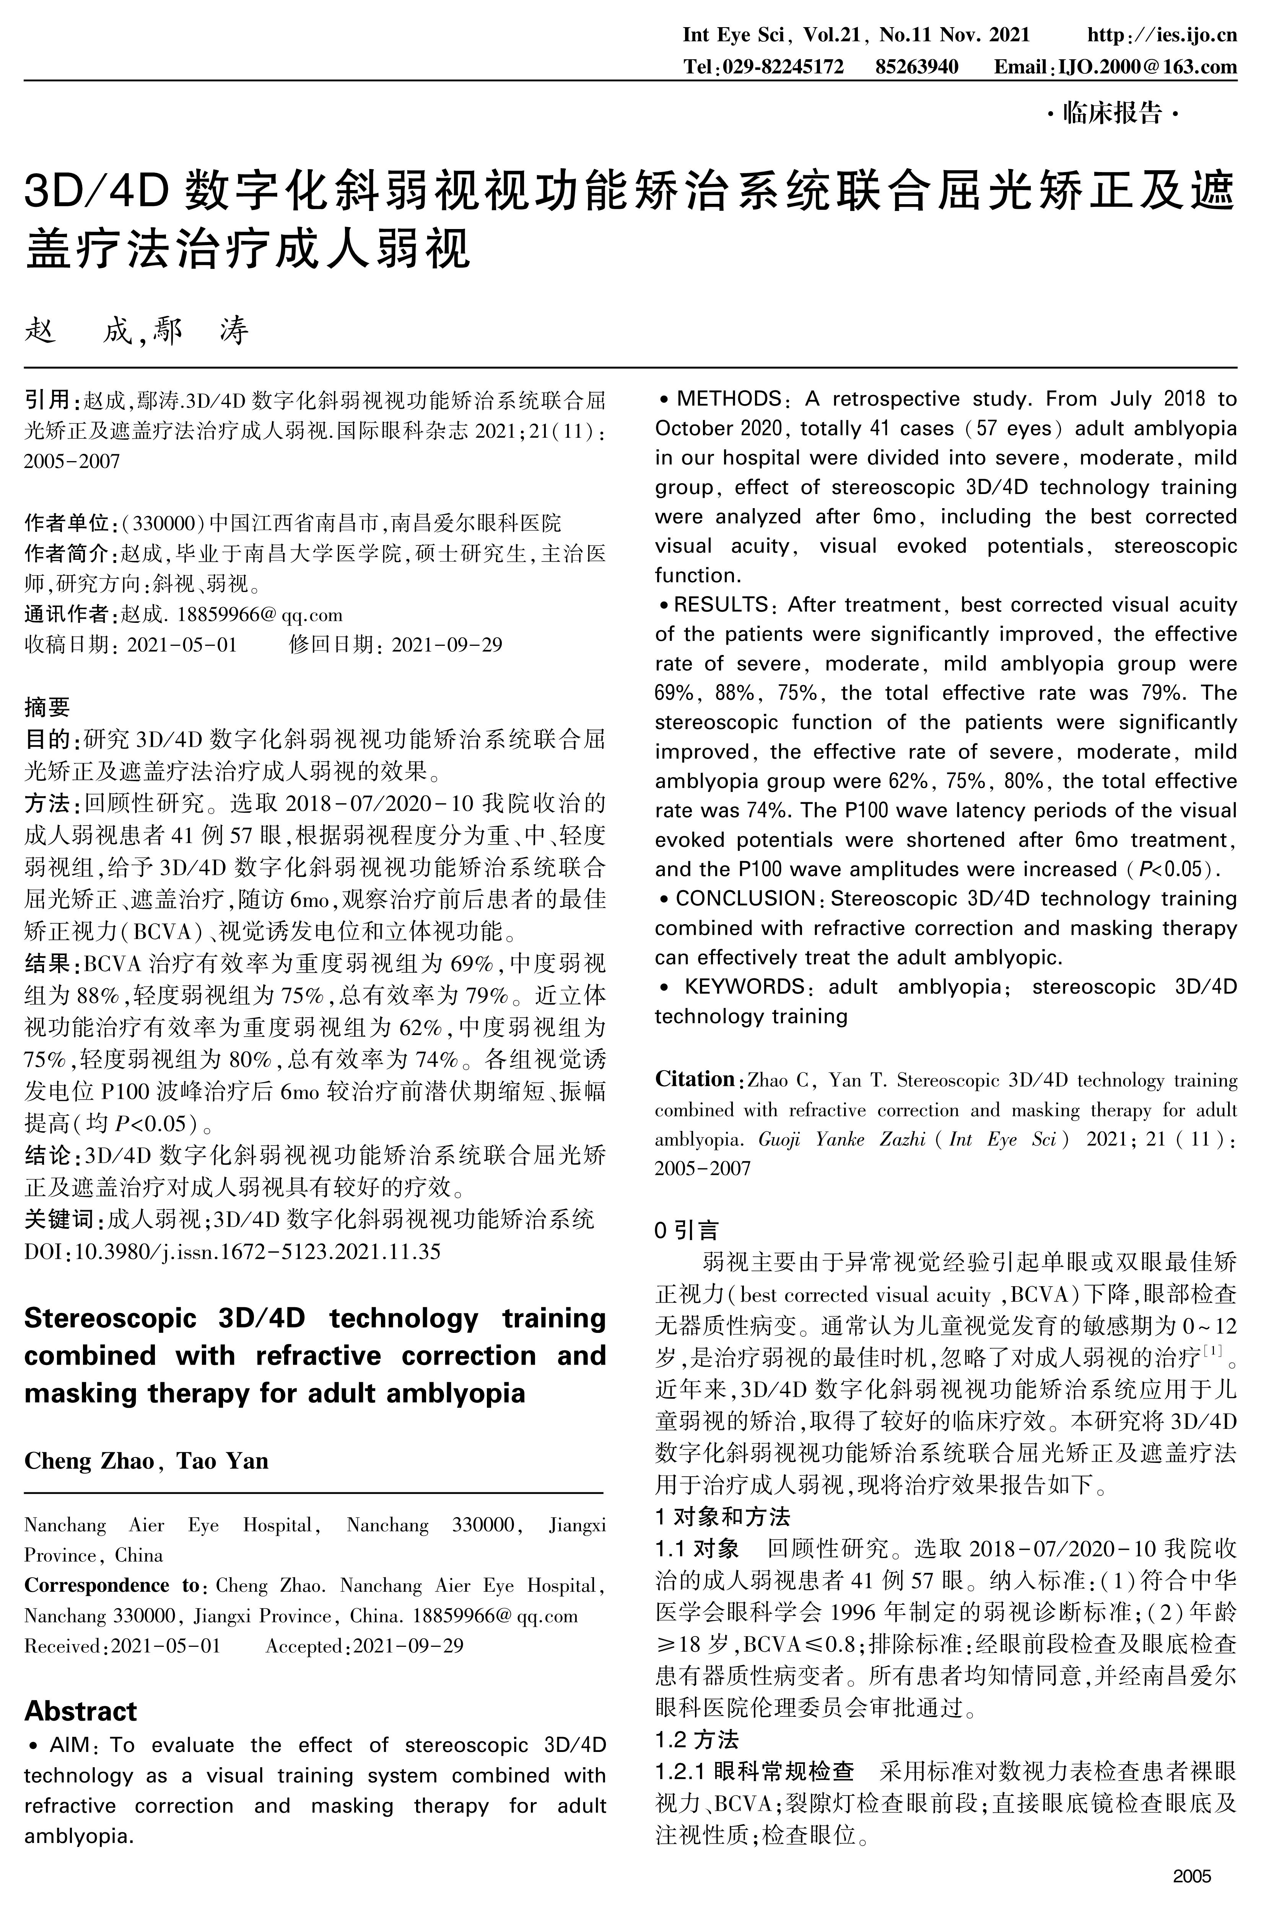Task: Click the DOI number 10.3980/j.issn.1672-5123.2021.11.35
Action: coord(257,1252)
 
